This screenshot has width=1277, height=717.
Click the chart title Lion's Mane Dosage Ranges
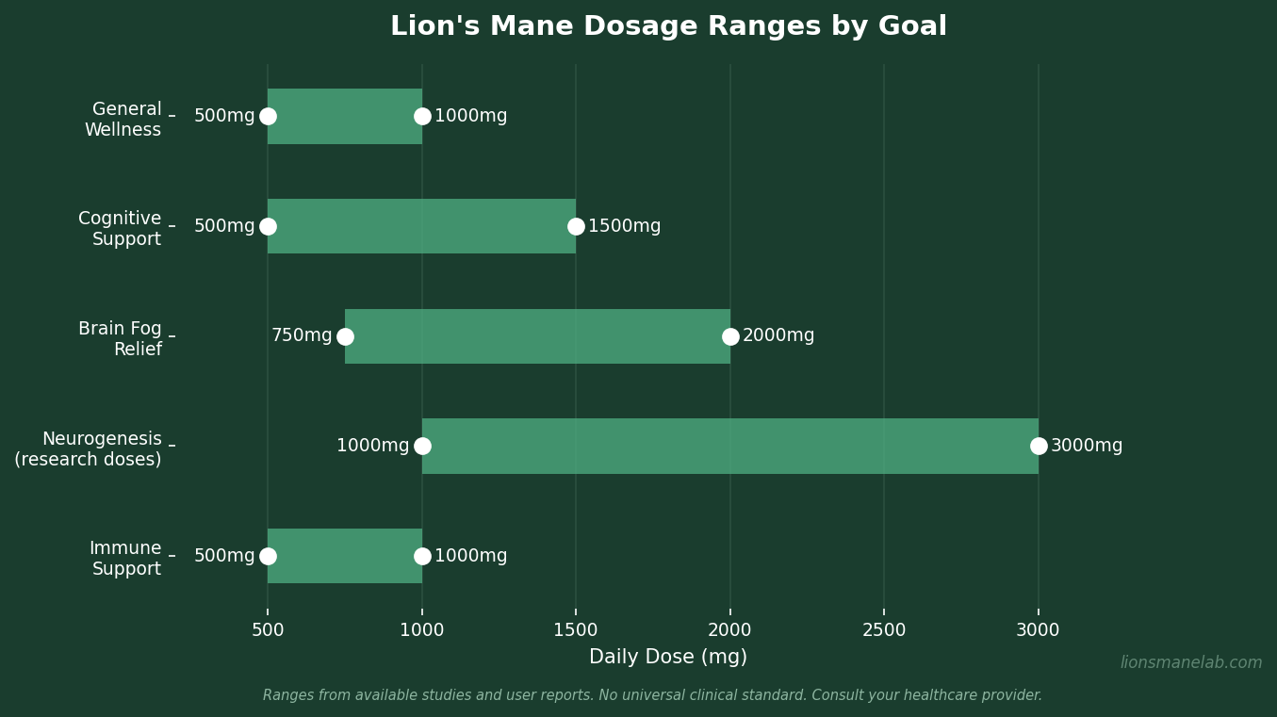point(668,26)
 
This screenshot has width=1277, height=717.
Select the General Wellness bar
point(345,116)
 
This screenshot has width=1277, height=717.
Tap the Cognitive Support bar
point(421,226)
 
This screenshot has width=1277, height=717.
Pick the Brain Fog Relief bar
point(537,336)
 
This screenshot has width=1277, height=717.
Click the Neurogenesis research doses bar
point(730,446)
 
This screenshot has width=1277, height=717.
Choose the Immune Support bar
point(345,556)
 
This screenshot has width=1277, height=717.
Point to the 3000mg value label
point(1087,446)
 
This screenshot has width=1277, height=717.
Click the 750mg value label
point(302,335)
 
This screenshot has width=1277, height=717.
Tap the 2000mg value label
point(778,335)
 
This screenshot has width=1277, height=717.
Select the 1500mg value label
point(624,226)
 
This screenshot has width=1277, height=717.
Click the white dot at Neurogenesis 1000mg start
point(422,446)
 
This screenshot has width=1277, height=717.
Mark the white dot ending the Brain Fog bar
point(730,336)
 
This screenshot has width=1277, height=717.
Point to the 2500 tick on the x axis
point(884,630)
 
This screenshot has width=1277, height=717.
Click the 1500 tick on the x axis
point(576,630)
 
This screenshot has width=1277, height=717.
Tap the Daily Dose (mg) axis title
point(668,658)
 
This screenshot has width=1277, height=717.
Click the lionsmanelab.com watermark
point(1191,663)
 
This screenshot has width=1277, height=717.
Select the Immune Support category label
point(125,559)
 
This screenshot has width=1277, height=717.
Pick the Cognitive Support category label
point(120,229)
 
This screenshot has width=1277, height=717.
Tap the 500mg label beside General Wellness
point(224,116)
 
